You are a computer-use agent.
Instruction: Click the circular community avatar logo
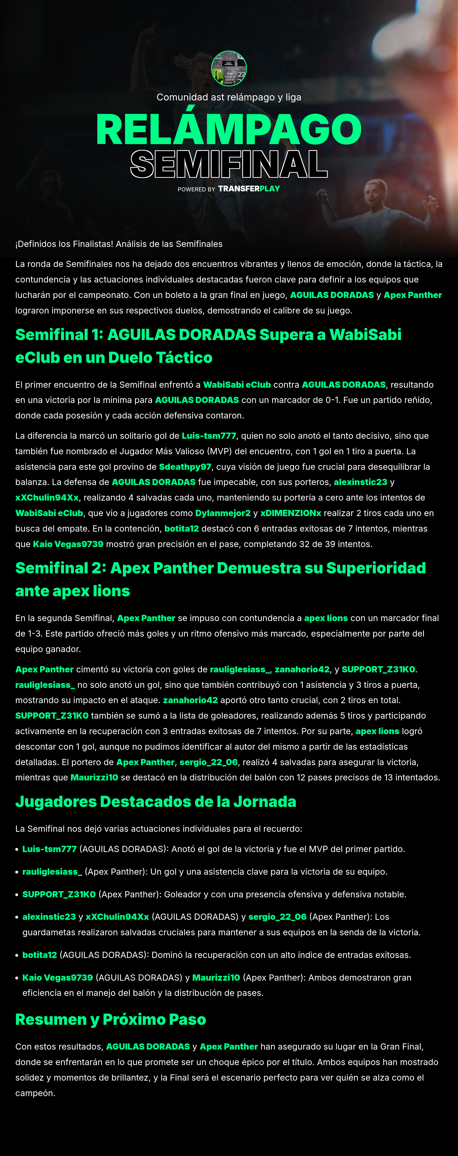[229, 68]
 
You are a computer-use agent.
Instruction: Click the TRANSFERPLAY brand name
[249, 189]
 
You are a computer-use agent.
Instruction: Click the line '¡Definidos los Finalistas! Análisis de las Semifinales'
[119, 244]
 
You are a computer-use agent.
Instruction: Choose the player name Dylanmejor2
[223, 513]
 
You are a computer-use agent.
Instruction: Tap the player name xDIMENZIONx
[291, 513]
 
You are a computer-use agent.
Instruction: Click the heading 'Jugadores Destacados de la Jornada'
[156, 802]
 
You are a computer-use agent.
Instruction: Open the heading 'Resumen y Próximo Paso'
[111, 1020]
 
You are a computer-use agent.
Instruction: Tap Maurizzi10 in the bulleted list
[216, 977]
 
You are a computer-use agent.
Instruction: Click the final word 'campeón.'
[36, 1093]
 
